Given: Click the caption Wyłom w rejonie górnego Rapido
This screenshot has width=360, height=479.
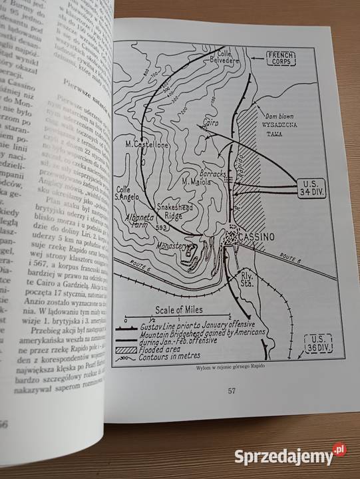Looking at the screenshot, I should (226, 369).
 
